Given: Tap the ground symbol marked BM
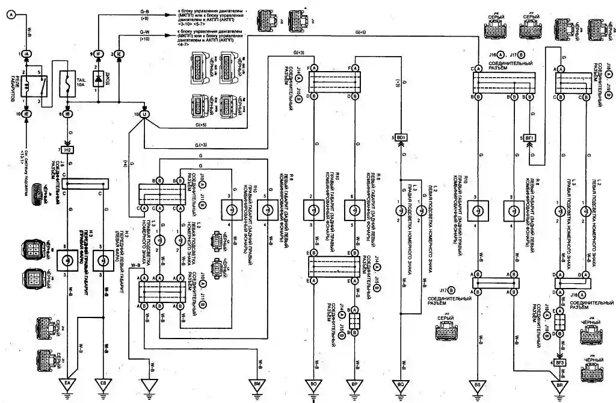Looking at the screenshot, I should coord(258,383).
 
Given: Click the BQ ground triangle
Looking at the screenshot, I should coord(401,383).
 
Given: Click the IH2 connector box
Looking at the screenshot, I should coord(67,149).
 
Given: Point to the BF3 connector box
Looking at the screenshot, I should coord(560,362).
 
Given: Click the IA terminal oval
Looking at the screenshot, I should coord(28,54).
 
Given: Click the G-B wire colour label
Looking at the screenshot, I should coord(145,11).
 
